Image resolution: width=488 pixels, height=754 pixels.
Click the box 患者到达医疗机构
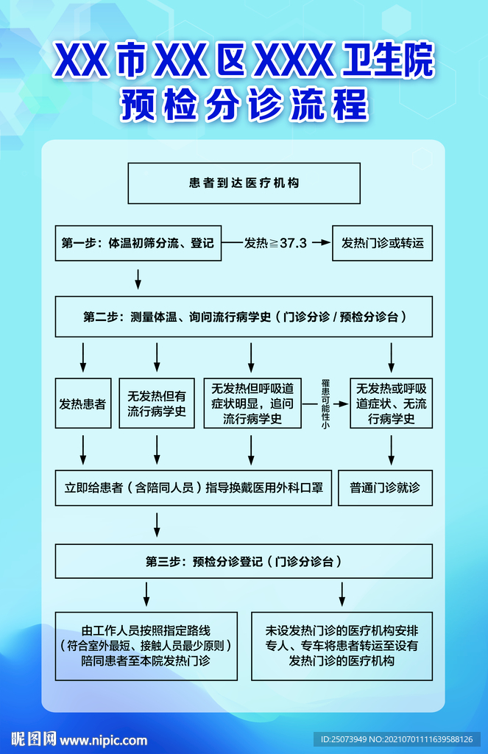pyautogui.click(x=244, y=183)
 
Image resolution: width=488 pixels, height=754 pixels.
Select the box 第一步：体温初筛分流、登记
pyautogui.click(x=138, y=242)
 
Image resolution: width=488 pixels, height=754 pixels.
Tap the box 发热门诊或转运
pyautogui.click(x=382, y=242)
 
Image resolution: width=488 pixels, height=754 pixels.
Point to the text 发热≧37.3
pyautogui.click(x=275, y=242)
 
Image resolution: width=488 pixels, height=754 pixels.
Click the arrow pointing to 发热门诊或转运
pyautogui.click(x=321, y=242)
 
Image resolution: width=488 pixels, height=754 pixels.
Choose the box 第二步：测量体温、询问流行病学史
pyautogui.click(x=244, y=317)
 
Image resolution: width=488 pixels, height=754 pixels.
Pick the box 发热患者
pyautogui.click(x=82, y=404)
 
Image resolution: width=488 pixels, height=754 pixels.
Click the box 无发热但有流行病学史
pyautogui.click(x=157, y=404)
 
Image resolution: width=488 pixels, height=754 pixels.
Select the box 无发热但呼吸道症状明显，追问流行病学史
pyautogui.click(x=252, y=404)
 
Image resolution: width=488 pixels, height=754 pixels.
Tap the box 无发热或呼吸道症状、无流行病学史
pyautogui.click(x=391, y=404)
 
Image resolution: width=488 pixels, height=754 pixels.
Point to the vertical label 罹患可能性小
pyautogui.click(x=325, y=404)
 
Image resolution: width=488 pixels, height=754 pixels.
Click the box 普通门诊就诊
pyautogui.click(x=385, y=487)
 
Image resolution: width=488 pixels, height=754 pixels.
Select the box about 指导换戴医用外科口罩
pyautogui.click(x=194, y=487)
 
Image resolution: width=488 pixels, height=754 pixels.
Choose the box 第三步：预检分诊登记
pyautogui.click(x=244, y=561)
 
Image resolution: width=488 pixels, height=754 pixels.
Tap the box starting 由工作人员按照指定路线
pyautogui.click(x=146, y=646)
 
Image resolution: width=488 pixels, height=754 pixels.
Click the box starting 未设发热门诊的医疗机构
pyautogui.click(x=342, y=646)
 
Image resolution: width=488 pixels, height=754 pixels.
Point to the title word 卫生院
pyautogui.click(x=389, y=62)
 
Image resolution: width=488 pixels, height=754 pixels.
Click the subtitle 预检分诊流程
pyautogui.click(x=244, y=105)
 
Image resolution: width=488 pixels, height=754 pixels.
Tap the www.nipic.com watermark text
pyautogui.click(x=103, y=740)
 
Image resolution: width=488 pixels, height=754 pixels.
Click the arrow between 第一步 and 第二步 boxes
pyautogui.click(x=138, y=279)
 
